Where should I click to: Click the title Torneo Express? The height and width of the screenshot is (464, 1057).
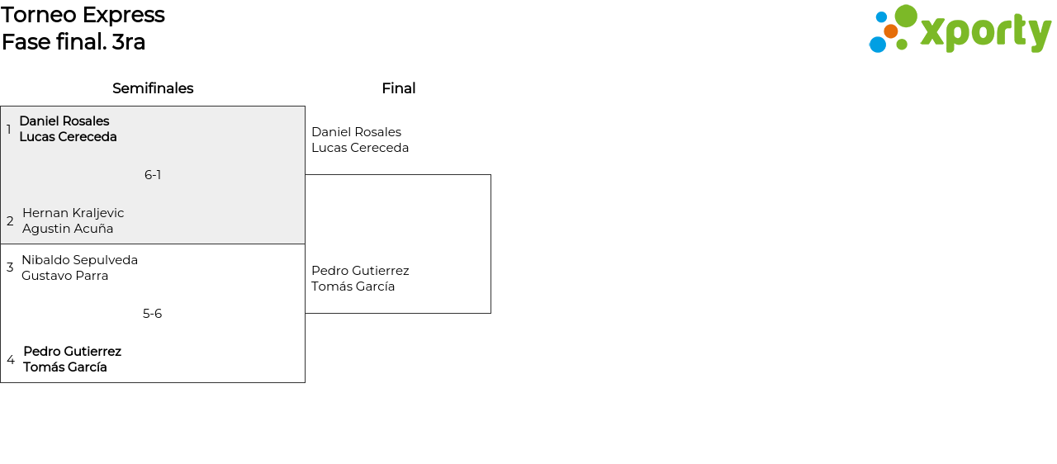coord(83,15)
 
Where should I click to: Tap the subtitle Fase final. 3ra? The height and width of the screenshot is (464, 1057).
coord(73,42)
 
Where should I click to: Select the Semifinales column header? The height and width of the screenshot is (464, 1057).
coord(153,88)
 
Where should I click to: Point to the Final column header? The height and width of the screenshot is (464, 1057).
coord(398,88)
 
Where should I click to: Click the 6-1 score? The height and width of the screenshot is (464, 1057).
coord(153,175)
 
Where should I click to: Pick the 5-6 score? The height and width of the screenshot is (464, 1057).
coord(152,314)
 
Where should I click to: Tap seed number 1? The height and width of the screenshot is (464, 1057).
coord(9,130)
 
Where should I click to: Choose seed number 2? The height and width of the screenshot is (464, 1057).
coord(10,221)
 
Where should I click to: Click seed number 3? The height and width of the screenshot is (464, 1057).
coord(10,268)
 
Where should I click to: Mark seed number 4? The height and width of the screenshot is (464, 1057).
coord(11,360)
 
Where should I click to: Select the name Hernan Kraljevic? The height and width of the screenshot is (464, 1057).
coord(73,213)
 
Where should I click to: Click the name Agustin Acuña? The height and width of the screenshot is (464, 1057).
coord(68,229)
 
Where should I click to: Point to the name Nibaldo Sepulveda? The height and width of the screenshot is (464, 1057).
coord(79,260)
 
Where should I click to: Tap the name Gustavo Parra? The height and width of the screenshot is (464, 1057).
coord(65,276)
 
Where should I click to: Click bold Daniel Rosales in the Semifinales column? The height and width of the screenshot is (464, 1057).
coord(64,121)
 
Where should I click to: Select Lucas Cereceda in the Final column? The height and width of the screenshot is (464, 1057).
coord(360,148)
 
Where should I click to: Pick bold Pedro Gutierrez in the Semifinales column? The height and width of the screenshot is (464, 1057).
coord(72,352)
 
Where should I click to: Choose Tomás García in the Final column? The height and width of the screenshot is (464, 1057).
coord(353,286)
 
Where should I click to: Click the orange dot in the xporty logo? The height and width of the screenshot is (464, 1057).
coord(890,31)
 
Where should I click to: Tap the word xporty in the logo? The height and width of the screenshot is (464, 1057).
coord(985,33)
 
